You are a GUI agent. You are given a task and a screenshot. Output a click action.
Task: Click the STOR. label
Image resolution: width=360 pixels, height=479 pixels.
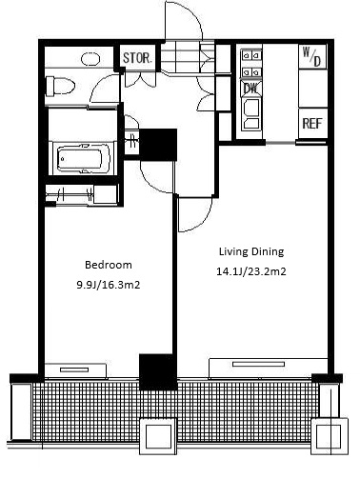[x=138, y=58]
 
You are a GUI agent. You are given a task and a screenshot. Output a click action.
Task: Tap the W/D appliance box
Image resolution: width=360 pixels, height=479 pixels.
[x=312, y=56]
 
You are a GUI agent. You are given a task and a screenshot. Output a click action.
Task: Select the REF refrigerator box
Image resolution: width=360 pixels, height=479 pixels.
[x=312, y=124]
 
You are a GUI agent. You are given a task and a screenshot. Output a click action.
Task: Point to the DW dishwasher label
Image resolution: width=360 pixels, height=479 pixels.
[x=251, y=89]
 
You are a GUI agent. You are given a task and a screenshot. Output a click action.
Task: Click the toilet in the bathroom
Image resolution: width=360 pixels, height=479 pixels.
[x=60, y=86]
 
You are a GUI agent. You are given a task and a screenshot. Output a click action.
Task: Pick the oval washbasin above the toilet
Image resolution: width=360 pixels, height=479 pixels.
[x=90, y=59]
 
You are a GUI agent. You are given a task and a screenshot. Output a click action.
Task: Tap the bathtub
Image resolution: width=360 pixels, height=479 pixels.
[x=84, y=158]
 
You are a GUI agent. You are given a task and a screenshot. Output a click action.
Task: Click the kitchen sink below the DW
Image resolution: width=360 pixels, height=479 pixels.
[x=251, y=113]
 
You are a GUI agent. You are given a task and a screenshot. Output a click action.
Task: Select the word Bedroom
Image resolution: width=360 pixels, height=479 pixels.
[x=109, y=265]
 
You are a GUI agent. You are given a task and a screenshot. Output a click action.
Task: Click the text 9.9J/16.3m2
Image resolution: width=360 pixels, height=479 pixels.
[x=109, y=285]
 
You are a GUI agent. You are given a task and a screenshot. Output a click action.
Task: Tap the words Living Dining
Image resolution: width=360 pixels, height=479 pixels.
[x=251, y=251]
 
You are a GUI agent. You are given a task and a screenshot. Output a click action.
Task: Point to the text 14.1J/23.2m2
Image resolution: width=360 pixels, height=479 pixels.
[x=251, y=271]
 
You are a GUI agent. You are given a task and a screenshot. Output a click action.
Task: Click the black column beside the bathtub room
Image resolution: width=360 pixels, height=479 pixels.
[x=158, y=145]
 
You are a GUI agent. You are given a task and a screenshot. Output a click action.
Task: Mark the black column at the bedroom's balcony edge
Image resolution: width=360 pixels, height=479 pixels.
[x=158, y=372]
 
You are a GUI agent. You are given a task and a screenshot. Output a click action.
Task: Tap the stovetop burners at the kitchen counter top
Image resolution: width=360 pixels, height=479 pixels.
[x=251, y=64]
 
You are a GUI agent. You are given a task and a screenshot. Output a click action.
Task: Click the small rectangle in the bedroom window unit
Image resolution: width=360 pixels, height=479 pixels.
[x=74, y=369]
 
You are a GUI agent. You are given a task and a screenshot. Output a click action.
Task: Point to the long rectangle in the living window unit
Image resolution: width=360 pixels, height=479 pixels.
[x=258, y=364]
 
